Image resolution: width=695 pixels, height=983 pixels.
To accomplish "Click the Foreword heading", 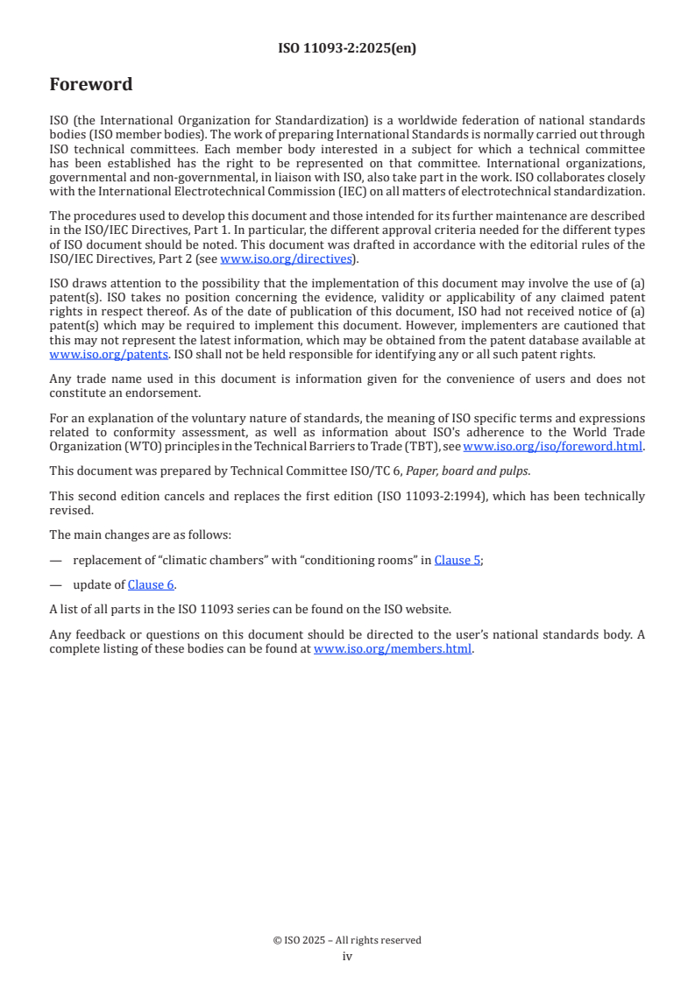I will [91, 85].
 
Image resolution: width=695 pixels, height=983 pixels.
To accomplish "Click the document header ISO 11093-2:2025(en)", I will [347, 48].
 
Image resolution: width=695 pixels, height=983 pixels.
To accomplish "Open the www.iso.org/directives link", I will [286, 258].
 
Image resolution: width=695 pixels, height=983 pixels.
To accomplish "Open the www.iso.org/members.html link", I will [393, 649].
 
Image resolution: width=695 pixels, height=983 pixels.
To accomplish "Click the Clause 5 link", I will [457, 560].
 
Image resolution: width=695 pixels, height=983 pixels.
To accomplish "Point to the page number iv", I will [347, 956].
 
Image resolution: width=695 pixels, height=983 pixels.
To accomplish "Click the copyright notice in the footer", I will [347, 940].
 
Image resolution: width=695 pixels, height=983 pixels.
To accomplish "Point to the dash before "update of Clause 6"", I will [56, 584].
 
